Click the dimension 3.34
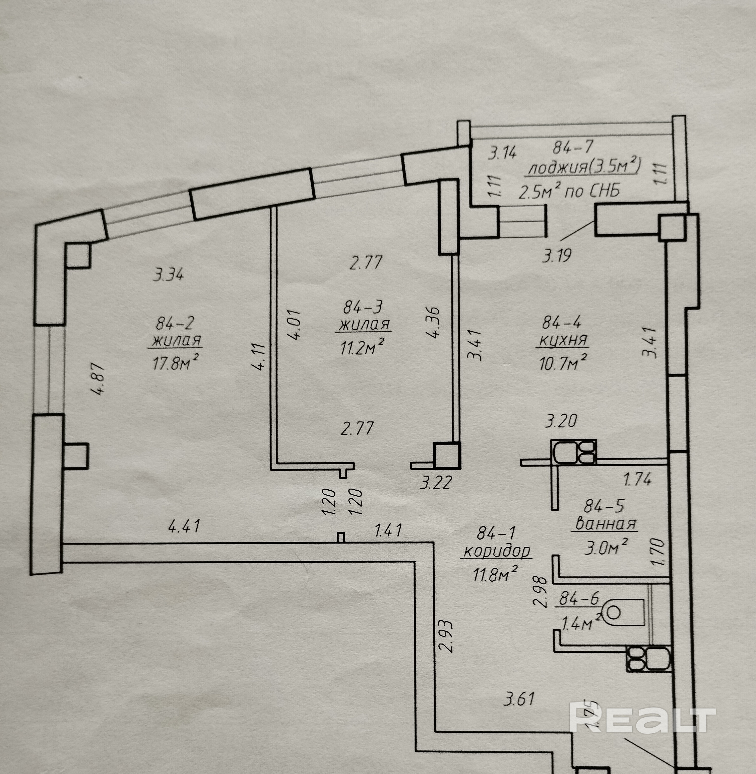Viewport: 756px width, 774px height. coord(168,274)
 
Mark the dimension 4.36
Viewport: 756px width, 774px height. coord(434,322)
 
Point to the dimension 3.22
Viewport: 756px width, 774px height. coord(436,483)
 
